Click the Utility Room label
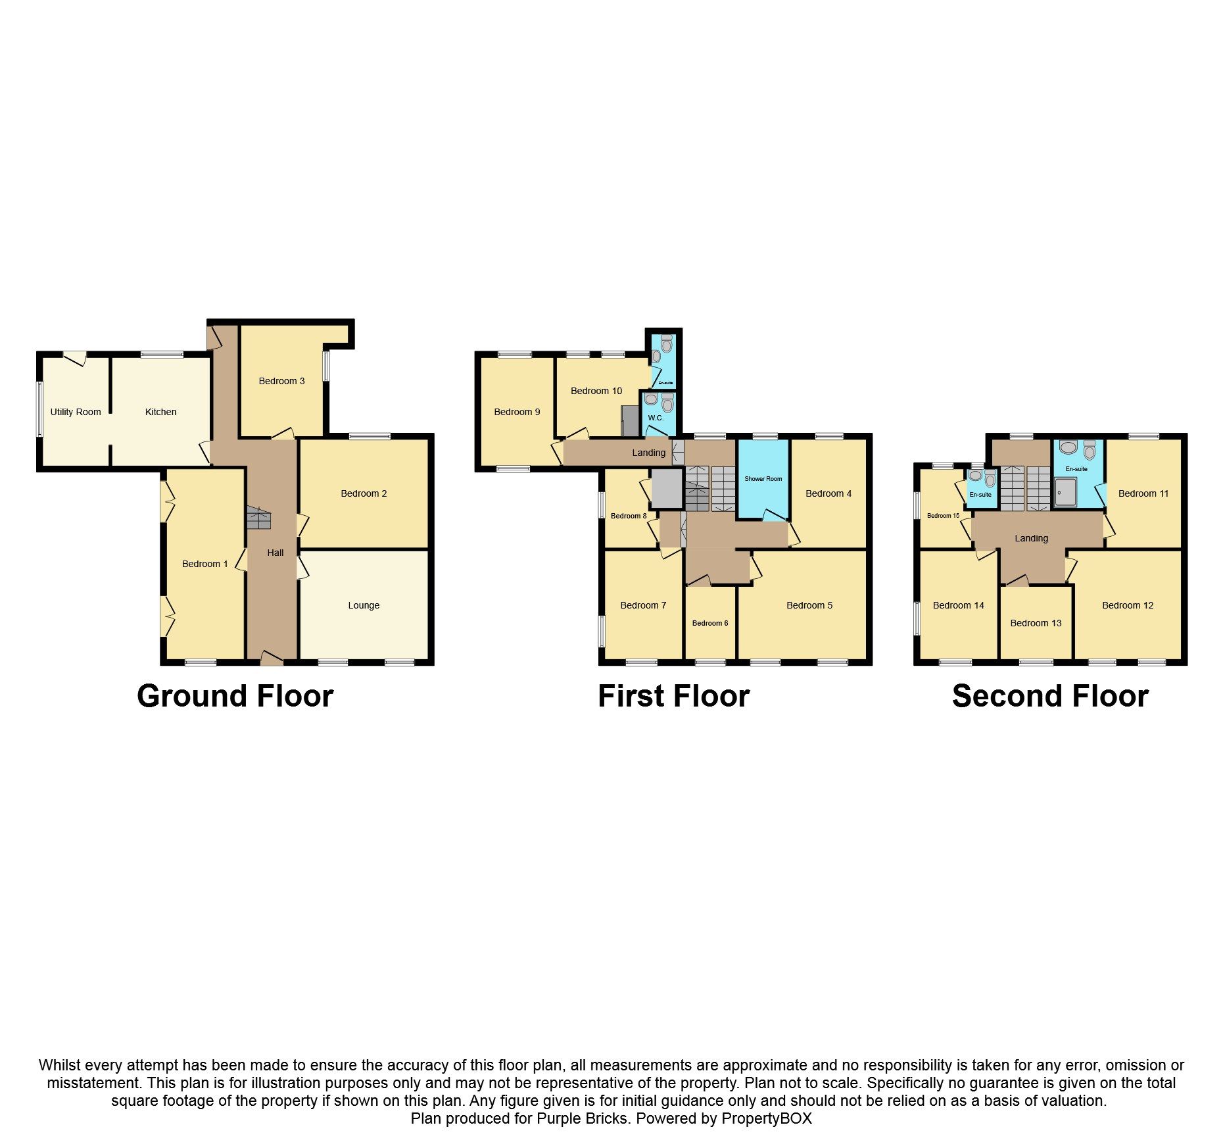point(76,412)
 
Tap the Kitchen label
point(160,412)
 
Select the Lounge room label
point(364,605)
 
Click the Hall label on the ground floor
point(276,553)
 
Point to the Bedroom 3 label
point(281,381)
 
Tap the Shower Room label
point(763,479)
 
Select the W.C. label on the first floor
point(656,418)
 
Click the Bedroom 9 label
point(517,412)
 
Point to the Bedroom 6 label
point(710,623)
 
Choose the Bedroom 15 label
point(943,516)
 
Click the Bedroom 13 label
point(1036,623)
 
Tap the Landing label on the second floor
point(1031,538)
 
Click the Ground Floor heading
point(235,696)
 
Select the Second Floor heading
point(1050,696)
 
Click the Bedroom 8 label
point(629,516)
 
